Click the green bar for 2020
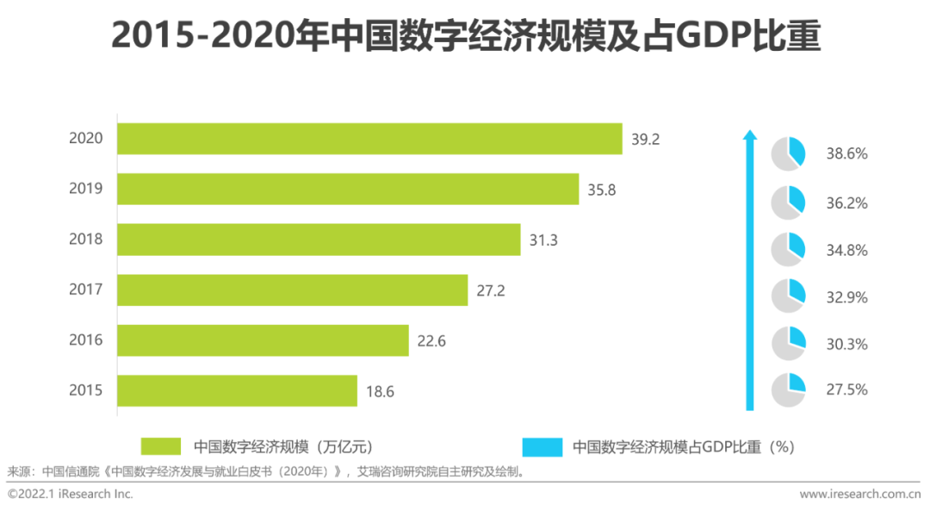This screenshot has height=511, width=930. [369, 139]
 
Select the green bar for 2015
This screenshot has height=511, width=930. [237, 390]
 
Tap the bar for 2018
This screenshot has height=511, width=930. [319, 240]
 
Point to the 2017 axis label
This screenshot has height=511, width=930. [86, 290]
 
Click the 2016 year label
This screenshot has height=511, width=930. [86, 340]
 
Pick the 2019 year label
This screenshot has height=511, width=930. [86, 189]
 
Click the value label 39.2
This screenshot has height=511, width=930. [645, 140]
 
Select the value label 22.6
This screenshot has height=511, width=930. [431, 341]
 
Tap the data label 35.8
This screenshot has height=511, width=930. [602, 190]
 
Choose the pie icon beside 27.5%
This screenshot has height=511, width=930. [788, 389]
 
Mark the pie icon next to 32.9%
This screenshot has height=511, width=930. [788, 296]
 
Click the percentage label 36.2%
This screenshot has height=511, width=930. [846, 203]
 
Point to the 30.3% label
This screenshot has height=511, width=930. [846, 344]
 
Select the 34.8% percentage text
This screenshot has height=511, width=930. [846, 251]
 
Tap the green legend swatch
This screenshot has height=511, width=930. [161, 446]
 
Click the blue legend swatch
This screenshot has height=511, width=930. [542, 446]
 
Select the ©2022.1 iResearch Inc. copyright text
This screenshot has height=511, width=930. [71, 494]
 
